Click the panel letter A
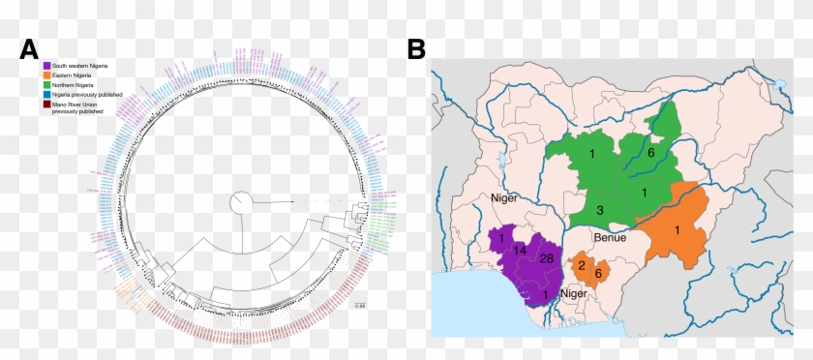tap(30, 48)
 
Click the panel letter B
tap(417, 48)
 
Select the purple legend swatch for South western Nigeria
tap(47, 65)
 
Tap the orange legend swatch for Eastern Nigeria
tap(47, 75)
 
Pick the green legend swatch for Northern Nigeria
tap(47, 85)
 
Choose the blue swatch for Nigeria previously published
tap(47, 95)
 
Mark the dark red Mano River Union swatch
tap(47, 105)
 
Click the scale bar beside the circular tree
tap(359, 302)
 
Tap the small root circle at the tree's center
tap(240, 203)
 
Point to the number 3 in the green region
tap(600, 210)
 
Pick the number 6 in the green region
tap(651, 153)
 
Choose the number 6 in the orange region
tap(597, 274)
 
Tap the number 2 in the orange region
tap(581, 264)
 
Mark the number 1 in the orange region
tap(678, 229)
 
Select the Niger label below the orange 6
tap(574, 294)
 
